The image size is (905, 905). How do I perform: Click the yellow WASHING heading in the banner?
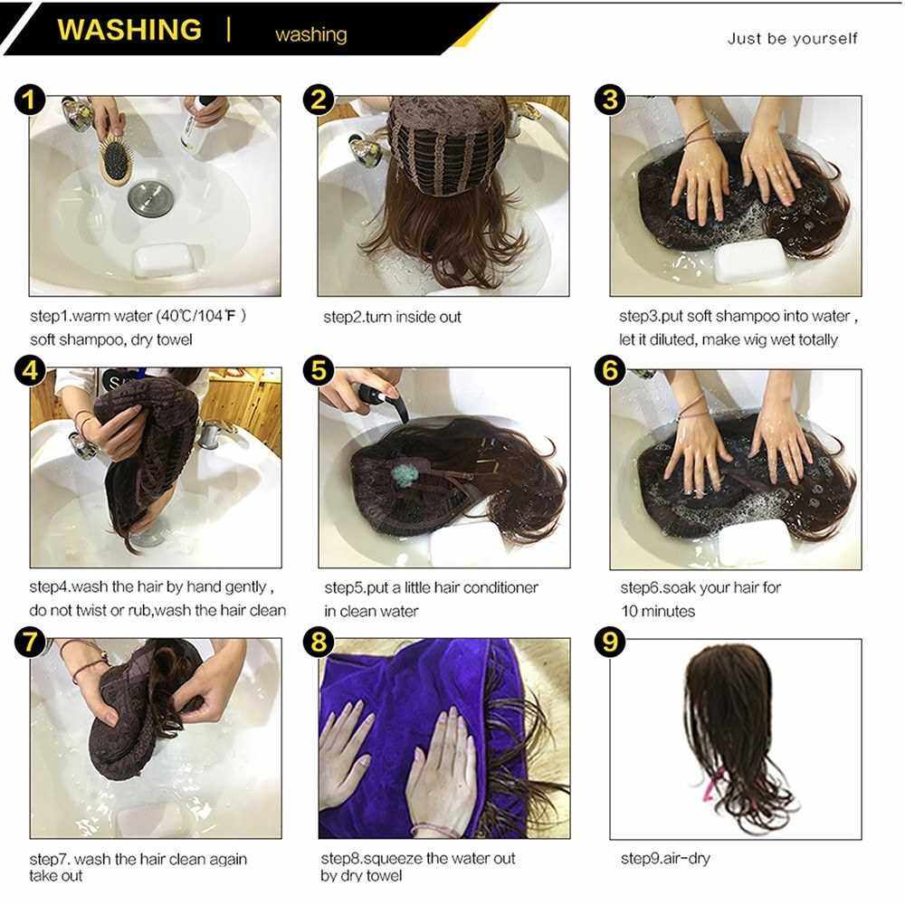pos(129,30)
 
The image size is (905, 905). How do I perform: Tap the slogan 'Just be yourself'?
pos(792,39)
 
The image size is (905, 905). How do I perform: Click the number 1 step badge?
pos(30,100)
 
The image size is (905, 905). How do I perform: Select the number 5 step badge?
pos(319,370)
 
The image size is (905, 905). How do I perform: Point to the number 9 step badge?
pos(610,642)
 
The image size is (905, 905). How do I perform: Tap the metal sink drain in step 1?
pos(150,198)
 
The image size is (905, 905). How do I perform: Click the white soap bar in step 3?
pos(750,261)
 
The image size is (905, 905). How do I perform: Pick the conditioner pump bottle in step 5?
pos(384,400)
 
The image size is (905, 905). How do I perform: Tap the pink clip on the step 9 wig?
pos(713,783)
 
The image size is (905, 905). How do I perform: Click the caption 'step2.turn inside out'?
pos(393,317)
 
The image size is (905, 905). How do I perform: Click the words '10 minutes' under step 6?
pos(658,611)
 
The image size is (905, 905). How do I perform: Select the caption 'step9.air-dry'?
pos(665,858)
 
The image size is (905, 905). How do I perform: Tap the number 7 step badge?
pos(30,643)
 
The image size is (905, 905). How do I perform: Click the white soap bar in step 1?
pos(163,259)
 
